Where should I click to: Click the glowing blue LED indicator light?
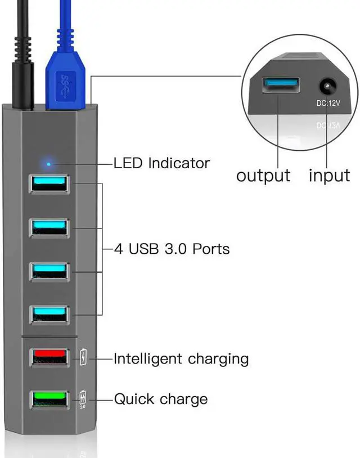coord(49,164)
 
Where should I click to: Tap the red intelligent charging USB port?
coord(49,357)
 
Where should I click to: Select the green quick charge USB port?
coord(49,400)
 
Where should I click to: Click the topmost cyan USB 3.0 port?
coord(49,184)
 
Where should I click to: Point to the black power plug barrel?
coord(22,85)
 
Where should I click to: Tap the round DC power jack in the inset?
coord(327,87)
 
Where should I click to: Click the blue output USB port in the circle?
coord(281,85)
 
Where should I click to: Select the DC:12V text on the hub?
coord(328,103)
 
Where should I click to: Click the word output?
coord(263,176)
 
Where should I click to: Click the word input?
coord(329,176)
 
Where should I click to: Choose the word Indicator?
coord(179,163)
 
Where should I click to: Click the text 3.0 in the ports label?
coord(175,249)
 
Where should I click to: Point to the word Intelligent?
coord(148,359)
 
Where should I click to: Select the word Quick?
coord(134,399)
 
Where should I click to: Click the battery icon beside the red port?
coord(83,357)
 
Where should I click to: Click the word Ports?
coord(211,249)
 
